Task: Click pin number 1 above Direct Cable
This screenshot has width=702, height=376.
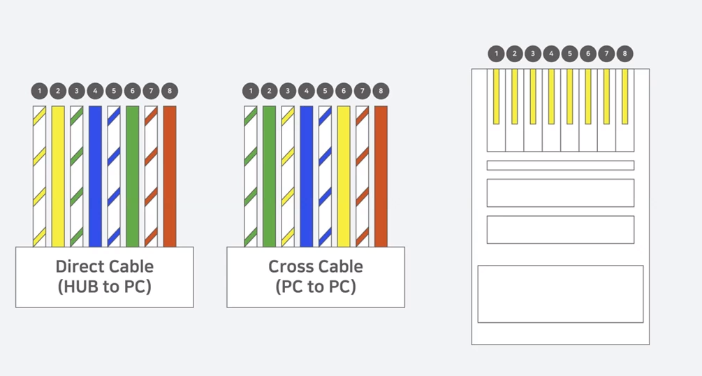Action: pyautogui.click(x=40, y=91)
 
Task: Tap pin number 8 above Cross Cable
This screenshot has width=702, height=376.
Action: pyautogui.click(x=381, y=91)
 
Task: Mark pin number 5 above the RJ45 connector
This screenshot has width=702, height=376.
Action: pyautogui.click(x=569, y=53)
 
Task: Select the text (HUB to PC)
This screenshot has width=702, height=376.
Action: pyautogui.click(x=104, y=287)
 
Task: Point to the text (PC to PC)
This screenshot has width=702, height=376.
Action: pyautogui.click(x=316, y=287)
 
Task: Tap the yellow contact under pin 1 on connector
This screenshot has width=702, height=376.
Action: pyautogui.click(x=497, y=96)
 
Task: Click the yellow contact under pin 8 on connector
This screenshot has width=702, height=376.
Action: pyautogui.click(x=624, y=96)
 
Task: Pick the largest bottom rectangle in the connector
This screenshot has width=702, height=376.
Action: pyautogui.click(x=560, y=294)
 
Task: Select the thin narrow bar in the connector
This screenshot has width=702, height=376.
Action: pyautogui.click(x=560, y=166)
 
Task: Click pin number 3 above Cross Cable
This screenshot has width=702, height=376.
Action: pyautogui.click(x=288, y=91)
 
